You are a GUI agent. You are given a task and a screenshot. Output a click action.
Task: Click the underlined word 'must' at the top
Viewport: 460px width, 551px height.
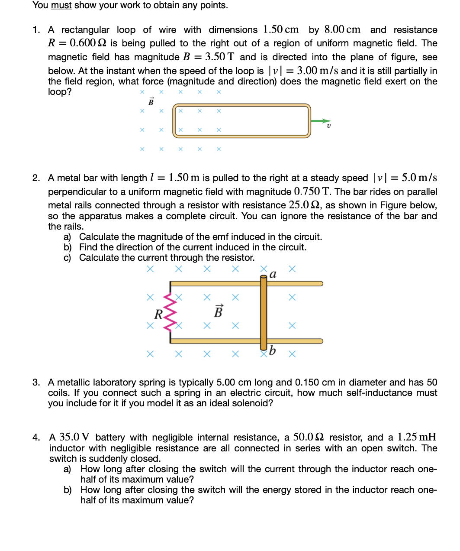point(61,5)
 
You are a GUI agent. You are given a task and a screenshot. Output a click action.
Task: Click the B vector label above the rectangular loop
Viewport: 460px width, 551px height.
point(151,102)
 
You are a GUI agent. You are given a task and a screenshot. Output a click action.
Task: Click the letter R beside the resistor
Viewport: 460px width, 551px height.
point(158,314)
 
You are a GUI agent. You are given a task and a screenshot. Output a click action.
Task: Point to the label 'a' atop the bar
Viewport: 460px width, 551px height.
point(273,275)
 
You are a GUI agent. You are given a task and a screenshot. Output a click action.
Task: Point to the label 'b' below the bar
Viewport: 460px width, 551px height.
point(272,350)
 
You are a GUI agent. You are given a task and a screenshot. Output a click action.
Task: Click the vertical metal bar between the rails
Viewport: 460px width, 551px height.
point(264,312)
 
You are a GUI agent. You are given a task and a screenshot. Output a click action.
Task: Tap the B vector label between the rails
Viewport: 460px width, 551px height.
point(219,311)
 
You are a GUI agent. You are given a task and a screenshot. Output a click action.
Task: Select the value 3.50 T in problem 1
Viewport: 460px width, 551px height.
point(219,57)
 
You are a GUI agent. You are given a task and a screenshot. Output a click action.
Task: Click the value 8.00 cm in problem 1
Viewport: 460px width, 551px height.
point(342,29)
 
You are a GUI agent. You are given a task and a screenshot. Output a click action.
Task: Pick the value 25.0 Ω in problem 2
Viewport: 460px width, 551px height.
point(305,205)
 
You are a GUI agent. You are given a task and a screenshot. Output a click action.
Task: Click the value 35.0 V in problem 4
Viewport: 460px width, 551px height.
point(74,437)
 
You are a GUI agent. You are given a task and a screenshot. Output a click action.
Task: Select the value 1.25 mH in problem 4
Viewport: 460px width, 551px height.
point(417,437)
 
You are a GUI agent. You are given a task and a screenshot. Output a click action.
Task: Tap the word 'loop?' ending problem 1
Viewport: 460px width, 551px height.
point(60,92)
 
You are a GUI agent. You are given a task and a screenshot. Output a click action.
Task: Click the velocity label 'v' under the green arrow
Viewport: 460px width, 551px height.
point(328,126)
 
